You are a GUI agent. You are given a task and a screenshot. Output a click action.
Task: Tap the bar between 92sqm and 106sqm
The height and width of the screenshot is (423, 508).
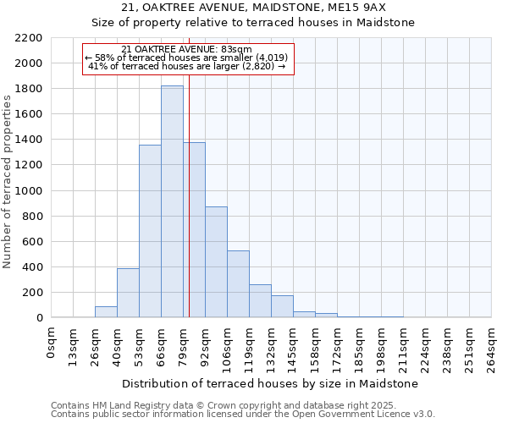216,262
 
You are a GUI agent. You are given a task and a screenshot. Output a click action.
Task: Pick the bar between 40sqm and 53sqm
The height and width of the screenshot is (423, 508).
128,293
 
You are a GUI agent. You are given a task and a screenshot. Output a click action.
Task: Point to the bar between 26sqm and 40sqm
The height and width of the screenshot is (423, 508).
106,311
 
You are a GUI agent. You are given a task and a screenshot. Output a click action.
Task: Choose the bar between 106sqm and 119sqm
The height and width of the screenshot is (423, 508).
238,284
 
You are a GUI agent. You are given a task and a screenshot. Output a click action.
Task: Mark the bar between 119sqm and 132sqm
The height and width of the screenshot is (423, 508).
260,301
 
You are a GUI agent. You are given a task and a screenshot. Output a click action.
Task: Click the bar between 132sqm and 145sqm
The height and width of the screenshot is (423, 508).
282,306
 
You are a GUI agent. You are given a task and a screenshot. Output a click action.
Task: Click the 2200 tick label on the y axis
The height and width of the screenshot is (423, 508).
28,38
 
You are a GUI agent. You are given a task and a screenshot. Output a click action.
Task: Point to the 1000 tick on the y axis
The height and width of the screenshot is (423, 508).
28,191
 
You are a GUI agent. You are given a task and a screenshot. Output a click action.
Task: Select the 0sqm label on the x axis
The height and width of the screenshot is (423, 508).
52,343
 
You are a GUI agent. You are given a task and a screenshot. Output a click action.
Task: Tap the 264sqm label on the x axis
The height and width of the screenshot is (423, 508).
492,346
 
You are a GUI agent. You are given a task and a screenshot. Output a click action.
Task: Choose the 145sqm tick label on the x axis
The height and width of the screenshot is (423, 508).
294,346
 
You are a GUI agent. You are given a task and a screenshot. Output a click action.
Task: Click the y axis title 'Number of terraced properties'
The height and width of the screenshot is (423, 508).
8,181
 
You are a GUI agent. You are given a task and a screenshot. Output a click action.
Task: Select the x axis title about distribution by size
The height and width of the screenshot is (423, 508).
271,383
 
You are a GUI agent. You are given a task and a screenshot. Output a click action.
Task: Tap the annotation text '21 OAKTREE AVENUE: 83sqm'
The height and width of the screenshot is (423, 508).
187,50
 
